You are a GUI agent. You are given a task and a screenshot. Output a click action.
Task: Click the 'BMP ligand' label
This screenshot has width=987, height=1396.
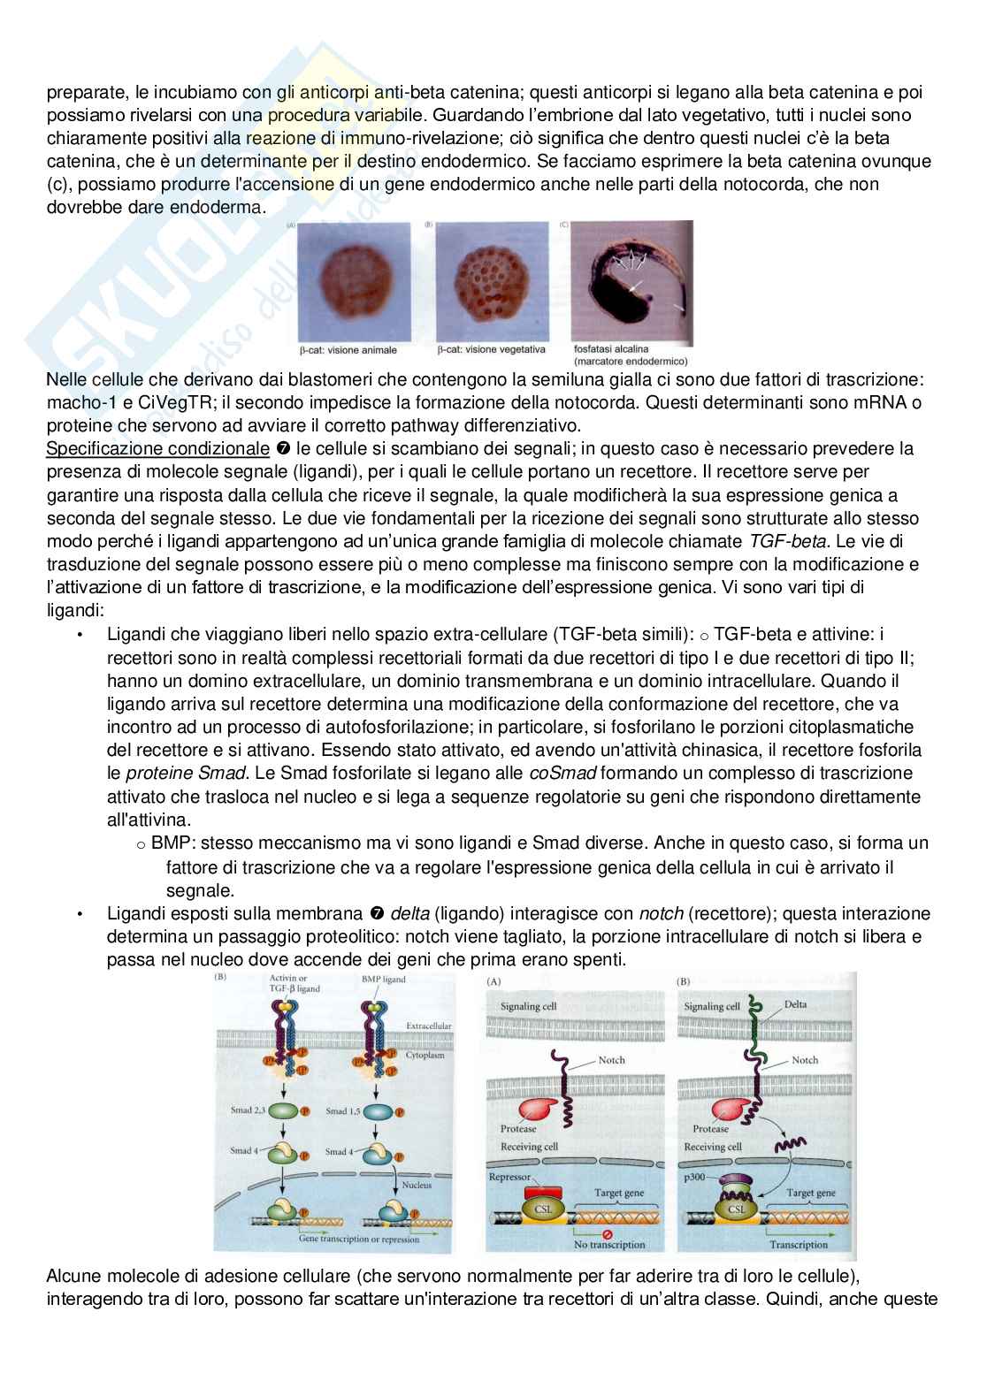(384, 980)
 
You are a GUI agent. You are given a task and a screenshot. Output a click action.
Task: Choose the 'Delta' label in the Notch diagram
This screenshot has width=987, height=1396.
(795, 1005)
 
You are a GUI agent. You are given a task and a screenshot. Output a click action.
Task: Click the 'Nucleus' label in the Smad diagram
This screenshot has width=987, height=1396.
(417, 1185)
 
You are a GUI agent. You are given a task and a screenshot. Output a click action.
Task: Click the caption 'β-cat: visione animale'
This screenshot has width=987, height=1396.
(348, 350)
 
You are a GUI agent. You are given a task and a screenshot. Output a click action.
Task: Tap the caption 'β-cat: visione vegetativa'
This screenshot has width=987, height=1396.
(492, 350)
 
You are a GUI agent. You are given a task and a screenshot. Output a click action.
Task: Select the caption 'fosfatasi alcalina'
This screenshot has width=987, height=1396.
(611, 348)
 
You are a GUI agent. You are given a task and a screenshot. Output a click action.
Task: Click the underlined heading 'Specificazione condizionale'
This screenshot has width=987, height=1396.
(157, 449)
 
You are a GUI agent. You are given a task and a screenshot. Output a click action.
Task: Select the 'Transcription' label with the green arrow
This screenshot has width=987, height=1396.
(799, 1244)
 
